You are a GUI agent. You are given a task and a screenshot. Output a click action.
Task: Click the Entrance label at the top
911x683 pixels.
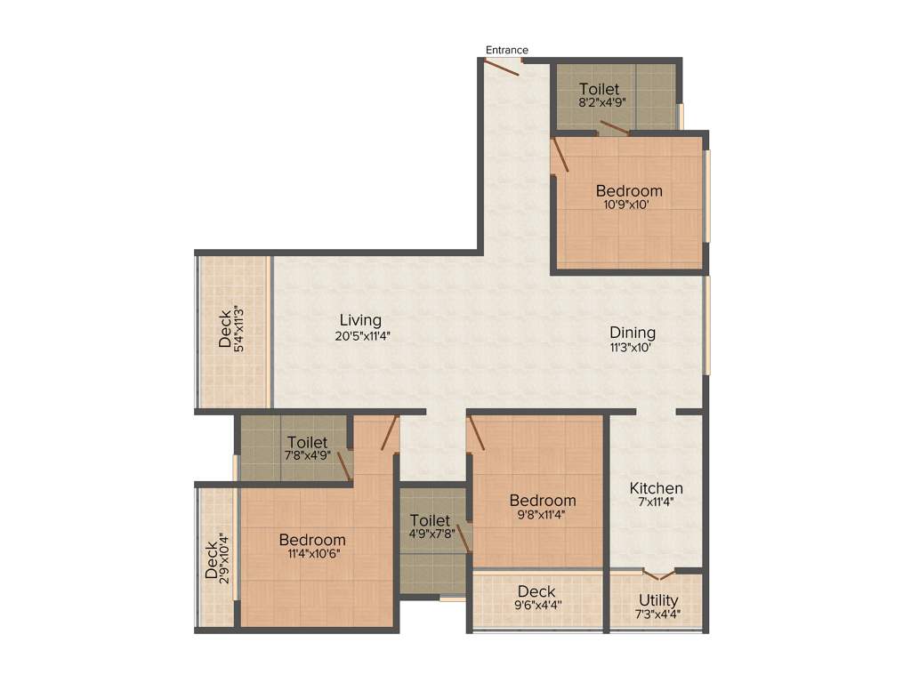click(x=506, y=50)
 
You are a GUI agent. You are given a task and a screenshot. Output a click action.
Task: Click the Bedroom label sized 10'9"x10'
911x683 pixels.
click(x=629, y=190)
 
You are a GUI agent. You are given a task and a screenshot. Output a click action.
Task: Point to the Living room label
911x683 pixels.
click(x=360, y=320)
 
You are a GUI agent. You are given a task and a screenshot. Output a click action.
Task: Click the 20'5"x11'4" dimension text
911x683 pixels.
click(x=360, y=336)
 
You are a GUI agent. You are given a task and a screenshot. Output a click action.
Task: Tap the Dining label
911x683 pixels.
click(x=633, y=333)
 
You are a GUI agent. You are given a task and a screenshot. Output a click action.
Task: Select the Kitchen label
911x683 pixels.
click(x=657, y=488)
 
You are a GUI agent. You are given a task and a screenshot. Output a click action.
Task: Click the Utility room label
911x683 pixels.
click(x=658, y=601)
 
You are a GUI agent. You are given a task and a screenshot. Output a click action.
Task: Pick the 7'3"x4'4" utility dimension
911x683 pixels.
click(x=658, y=614)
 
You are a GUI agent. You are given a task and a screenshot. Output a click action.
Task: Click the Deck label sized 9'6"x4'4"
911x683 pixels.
click(x=536, y=591)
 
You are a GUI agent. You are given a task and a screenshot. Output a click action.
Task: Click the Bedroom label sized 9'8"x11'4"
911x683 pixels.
click(x=543, y=501)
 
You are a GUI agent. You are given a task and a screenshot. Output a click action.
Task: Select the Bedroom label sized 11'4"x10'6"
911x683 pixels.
click(x=312, y=540)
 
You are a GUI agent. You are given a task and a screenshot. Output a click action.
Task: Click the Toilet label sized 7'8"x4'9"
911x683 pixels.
click(x=307, y=442)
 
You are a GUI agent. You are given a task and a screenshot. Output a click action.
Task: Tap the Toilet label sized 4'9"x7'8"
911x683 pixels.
click(x=430, y=520)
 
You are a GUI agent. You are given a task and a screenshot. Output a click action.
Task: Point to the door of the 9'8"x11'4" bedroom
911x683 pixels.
click(x=476, y=433)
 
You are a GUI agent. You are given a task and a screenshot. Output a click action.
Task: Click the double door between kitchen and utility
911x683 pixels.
click(x=658, y=574)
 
